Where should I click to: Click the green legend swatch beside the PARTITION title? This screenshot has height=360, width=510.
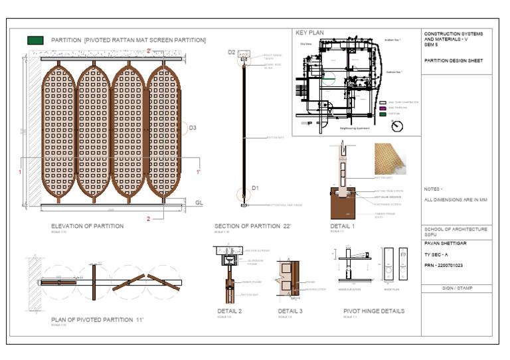[35, 41]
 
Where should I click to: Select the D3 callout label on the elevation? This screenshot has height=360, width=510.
[193, 128]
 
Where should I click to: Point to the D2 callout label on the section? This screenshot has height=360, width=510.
[232, 52]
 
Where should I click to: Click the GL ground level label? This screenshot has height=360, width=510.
[199, 201]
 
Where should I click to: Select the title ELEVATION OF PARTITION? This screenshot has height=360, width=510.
[87, 226]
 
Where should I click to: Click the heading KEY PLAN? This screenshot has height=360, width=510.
[310, 32]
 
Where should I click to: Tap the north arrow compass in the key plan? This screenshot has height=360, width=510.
[396, 125]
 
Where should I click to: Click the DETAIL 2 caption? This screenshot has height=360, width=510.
[230, 311]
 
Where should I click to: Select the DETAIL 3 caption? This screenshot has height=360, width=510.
[290, 311]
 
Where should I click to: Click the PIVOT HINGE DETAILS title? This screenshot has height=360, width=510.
[374, 311]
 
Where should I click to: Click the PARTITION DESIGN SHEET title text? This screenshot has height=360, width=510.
[454, 60]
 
